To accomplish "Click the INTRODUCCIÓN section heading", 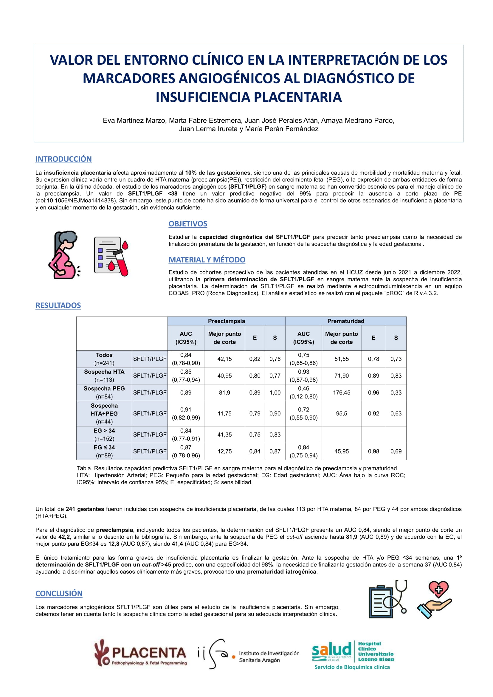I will (x=63, y=159).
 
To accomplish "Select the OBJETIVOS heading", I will (x=187, y=224).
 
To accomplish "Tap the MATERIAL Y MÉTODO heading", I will (x=207, y=260).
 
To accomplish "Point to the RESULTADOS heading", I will (x=58, y=305).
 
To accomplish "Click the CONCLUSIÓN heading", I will (x=59, y=594).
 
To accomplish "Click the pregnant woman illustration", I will (x=64, y=255).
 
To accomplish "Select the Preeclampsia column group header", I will (x=226, y=321).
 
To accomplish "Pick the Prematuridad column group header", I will (x=345, y=321).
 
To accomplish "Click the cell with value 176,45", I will (x=341, y=392).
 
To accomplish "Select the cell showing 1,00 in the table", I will (x=275, y=392).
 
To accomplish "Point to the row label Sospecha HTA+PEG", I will (x=104, y=414).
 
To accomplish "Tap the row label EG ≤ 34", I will (x=104, y=451).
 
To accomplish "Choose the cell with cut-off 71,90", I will (x=341, y=376).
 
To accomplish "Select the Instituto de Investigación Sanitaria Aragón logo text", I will (x=269, y=657).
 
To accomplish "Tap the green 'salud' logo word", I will (x=331, y=650).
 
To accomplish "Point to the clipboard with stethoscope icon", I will (x=388, y=599).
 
